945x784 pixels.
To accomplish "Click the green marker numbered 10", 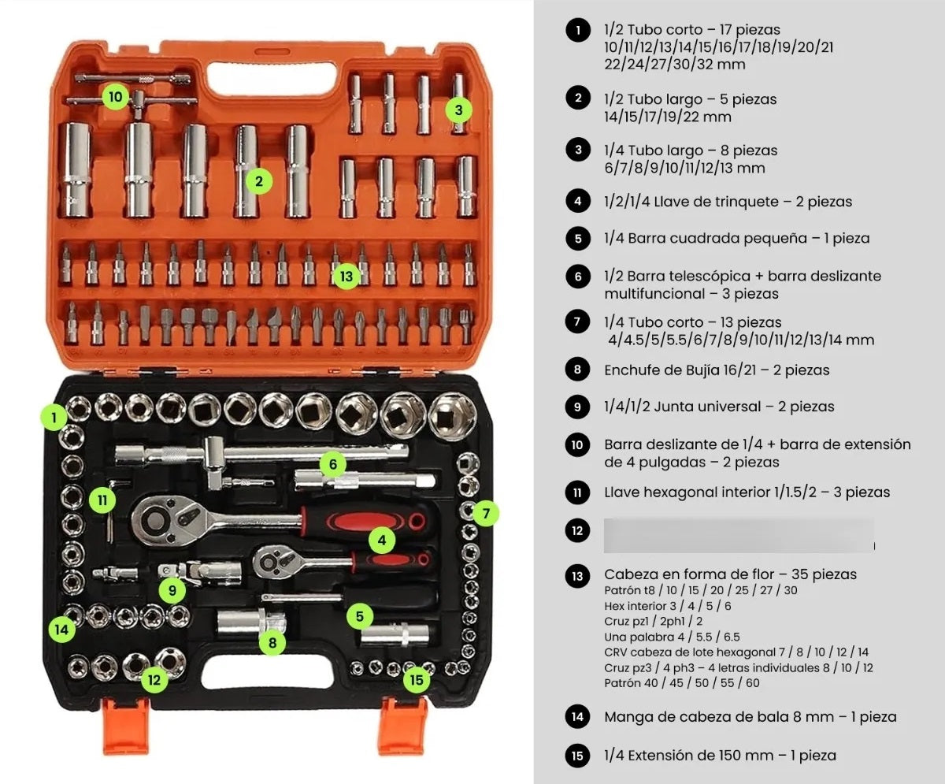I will [116, 98].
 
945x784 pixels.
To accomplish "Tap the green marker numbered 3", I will [458, 110].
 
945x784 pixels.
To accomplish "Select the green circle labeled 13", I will [346, 277].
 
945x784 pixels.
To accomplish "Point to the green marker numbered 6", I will [333, 465].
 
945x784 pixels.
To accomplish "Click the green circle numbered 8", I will [272, 642].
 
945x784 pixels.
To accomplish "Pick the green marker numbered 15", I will [417, 678].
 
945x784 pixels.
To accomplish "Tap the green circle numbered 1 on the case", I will [54, 417].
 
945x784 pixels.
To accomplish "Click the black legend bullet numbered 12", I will [577, 531].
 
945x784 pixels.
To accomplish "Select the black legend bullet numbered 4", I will [577, 201].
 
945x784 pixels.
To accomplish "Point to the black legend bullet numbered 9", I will [577, 407].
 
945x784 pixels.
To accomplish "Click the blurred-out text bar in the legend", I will [739, 533].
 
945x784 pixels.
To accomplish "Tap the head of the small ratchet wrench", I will [272, 559].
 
